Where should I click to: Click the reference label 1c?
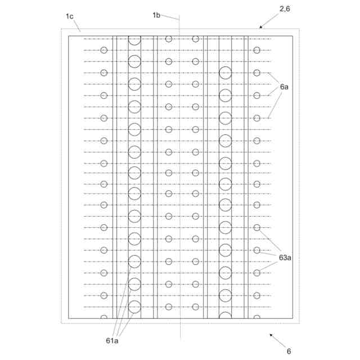(x=69, y=17)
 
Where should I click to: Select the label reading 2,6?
(x=285, y=8)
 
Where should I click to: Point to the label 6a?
(x=285, y=87)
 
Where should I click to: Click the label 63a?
(x=285, y=258)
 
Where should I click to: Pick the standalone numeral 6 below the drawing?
(x=289, y=352)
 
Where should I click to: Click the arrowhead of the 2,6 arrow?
(x=260, y=27)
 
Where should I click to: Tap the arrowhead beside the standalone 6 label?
(x=271, y=335)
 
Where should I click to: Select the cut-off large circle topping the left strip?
(x=134, y=39)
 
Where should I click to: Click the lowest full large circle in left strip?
(x=134, y=307)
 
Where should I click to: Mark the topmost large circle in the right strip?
(x=226, y=73)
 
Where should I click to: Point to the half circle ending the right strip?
(x=226, y=316)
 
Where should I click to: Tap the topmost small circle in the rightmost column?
(x=257, y=50)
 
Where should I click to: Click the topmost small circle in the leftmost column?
(x=104, y=50)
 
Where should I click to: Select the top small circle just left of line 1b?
(x=169, y=39)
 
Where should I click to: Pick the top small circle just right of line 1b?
(x=196, y=39)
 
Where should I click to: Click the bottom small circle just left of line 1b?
(x=169, y=307)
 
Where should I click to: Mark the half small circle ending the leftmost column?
(x=104, y=317)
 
